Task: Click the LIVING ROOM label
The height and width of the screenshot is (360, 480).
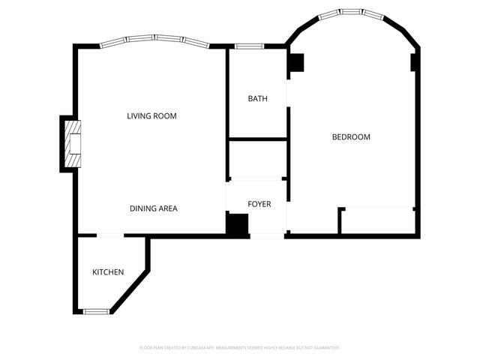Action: click(156, 116)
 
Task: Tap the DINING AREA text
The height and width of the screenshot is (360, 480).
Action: click(153, 208)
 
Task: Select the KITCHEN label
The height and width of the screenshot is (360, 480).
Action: click(108, 271)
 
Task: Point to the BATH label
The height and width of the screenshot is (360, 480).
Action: click(257, 98)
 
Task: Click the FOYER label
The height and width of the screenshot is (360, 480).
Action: click(259, 204)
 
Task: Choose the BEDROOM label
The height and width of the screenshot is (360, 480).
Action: click(351, 136)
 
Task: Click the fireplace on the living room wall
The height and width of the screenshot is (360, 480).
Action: click(73, 143)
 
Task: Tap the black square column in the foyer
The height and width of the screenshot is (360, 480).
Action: click(238, 224)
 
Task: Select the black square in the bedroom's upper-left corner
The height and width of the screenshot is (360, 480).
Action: click(295, 63)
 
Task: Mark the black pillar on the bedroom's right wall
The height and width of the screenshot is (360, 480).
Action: click(414, 62)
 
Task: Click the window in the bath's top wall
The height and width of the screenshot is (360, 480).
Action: click(247, 46)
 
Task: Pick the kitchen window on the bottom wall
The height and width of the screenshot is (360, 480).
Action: click(95, 310)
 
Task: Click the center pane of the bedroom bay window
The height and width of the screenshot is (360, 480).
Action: click(351, 13)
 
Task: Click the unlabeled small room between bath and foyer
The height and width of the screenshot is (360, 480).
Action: click(257, 158)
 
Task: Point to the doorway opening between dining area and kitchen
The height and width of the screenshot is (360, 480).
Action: click(110, 236)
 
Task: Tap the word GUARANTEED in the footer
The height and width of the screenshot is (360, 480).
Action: click(324, 348)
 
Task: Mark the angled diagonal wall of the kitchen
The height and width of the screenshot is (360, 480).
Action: click(130, 289)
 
